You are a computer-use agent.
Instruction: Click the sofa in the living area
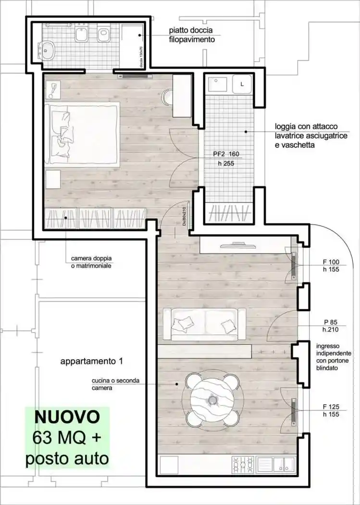[x=205, y=325]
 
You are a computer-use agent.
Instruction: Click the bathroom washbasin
[x=48, y=49]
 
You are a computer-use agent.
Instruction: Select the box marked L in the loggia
[x=242, y=84]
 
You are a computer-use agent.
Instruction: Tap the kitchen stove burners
[x=243, y=465]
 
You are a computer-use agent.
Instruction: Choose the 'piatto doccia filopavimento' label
[x=191, y=35]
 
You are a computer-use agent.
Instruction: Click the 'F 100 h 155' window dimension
[x=331, y=266]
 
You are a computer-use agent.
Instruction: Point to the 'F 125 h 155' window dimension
[x=331, y=410]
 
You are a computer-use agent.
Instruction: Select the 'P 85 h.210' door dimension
[x=331, y=326]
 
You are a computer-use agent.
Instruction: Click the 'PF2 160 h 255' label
[x=226, y=159]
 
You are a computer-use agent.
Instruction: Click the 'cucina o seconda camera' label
[x=115, y=384]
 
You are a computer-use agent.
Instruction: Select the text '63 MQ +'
[x=67, y=438]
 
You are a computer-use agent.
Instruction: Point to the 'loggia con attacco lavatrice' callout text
[x=311, y=136]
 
